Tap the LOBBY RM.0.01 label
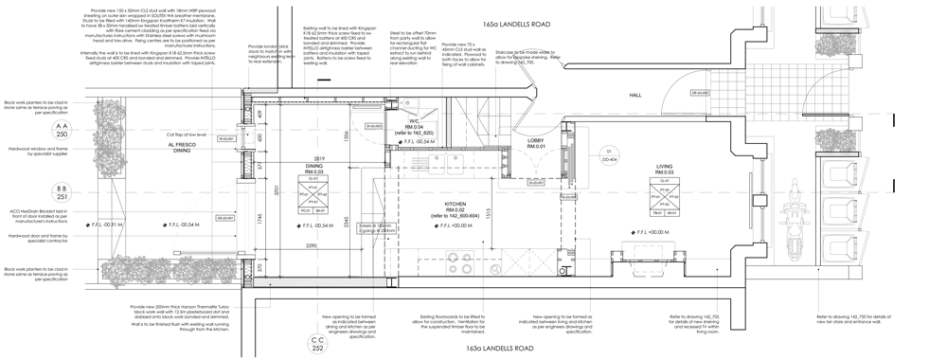(536, 143)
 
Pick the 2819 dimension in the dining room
(318, 158)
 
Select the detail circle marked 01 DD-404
(612, 155)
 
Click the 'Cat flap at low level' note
(194, 135)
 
